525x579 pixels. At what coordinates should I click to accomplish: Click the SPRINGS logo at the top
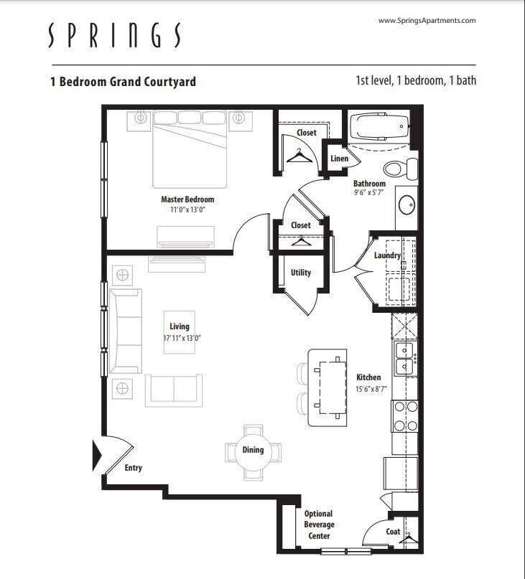tap(115, 34)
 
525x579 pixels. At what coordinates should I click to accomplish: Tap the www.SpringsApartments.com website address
tap(427, 21)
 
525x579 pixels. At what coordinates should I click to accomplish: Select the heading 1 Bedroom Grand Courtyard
tap(123, 81)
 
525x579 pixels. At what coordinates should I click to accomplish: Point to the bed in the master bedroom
tap(190, 151)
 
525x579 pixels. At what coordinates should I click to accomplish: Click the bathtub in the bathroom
tap(378, 128)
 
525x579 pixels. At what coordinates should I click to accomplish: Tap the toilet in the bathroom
tap(399, 169)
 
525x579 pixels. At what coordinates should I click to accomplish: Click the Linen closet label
tap(339, 159)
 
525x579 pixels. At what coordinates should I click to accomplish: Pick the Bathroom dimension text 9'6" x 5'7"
tap(369, 193)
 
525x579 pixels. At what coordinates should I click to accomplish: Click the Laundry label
tap(387, 255)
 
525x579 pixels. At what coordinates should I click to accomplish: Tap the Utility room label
tap(301, 273)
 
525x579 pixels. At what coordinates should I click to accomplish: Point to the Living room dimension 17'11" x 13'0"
tap(180, 338)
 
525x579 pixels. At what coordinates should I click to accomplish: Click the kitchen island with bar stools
tap(327, 387)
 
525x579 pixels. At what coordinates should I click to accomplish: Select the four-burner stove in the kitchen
tap(406, 415)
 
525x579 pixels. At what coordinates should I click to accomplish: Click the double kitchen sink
tap(406, 359)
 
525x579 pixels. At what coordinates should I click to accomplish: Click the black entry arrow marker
tap(97, 456)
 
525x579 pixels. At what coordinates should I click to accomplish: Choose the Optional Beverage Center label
tap(317, 524)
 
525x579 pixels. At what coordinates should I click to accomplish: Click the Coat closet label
tap(393, 532)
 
